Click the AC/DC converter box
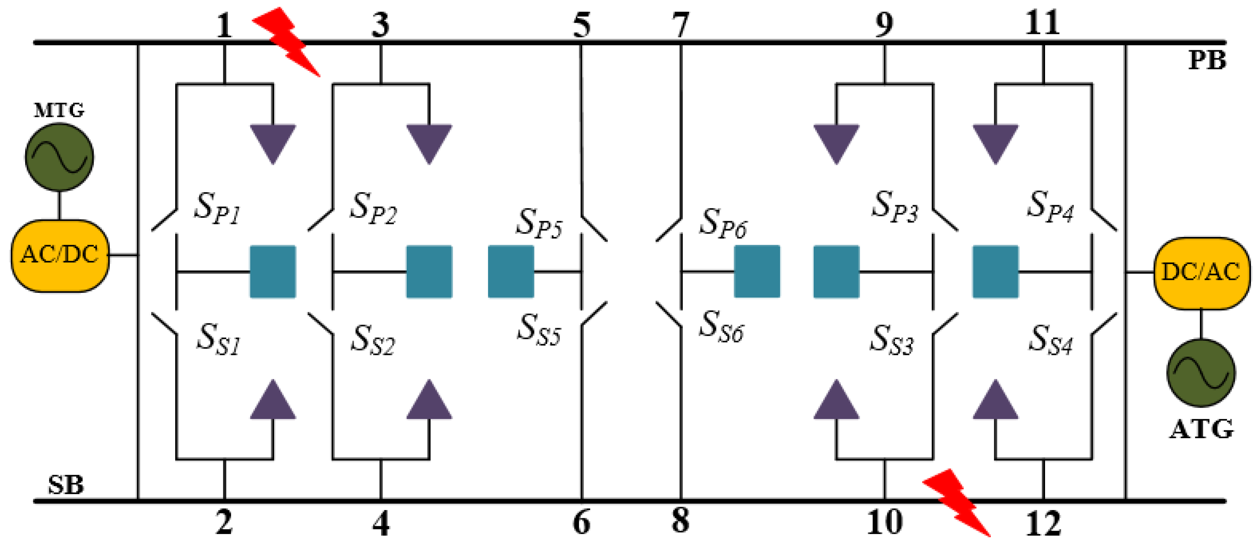pyautogui.click(x=60, y=255)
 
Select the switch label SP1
pyautogui.click(x=217, y=208)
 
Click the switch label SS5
pyautogui.click(x=539, y=330)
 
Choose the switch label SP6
pyautogui.click(x=723, y=223)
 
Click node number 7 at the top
pyautogui.click(x=680, y=24)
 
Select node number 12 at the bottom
pyautogui.click(x=1043, y=523)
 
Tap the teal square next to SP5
pyautogui.click(x=511, y=272)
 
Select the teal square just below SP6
pyautogui.click(x=757, y=272)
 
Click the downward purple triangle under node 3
pyautogui.click(x=429, y=143)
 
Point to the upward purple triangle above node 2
pyautogui.click(x=273, y=400)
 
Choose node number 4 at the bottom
pyautogui.click(x=381, y=523)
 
